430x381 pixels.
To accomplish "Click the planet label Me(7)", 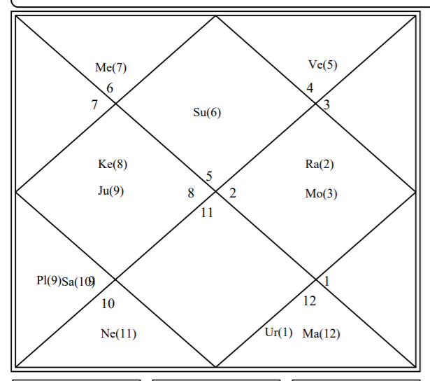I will (x=111, y=68).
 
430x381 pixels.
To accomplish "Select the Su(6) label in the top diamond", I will (x=207, y=113).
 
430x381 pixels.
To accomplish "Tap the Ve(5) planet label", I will (x=322, y=65).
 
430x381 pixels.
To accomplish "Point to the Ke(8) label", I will (x=113, y=165).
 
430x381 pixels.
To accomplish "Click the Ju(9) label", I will (x=111, y=190).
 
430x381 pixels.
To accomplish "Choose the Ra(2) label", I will (x=320, y=165).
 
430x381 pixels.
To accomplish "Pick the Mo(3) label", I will (x=321, y=194).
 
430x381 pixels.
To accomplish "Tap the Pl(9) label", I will (x=48, y=281).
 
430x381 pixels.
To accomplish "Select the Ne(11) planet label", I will (x=118, y=334).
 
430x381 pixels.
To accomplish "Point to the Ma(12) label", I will (x=321, y=334).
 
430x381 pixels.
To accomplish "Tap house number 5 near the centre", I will (x=209, y=176).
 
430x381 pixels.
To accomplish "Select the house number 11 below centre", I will (x=207, y=212).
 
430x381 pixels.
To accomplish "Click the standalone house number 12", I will (x=310, y=301).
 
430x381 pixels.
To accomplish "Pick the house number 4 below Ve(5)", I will (x=310, y=88).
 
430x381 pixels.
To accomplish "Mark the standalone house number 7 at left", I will (x=94, y=105).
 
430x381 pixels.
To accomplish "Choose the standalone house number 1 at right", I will (x=327, y=282).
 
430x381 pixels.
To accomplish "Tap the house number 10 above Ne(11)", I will (x=108, y=304).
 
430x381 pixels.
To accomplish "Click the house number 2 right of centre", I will (x=232, y=194).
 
